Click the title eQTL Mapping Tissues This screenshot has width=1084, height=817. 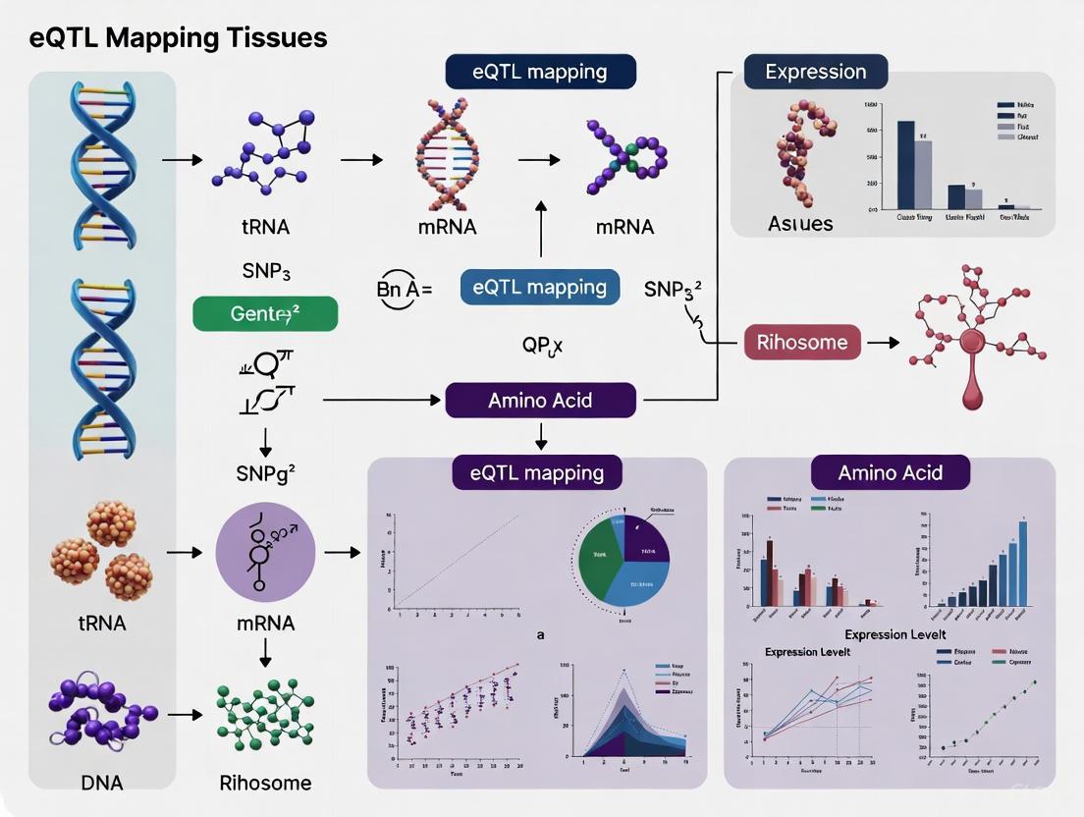tap(164, 38)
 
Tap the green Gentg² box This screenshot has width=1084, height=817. tap(264, 314)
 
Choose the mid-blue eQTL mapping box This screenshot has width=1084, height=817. tap(539, 288)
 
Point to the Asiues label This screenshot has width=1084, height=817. tap(799, 224)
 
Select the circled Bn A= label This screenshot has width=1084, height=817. tap(404, 290)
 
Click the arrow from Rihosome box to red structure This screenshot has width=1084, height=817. tap(883, 343)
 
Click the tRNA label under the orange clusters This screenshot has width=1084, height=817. tap(101, 623)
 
